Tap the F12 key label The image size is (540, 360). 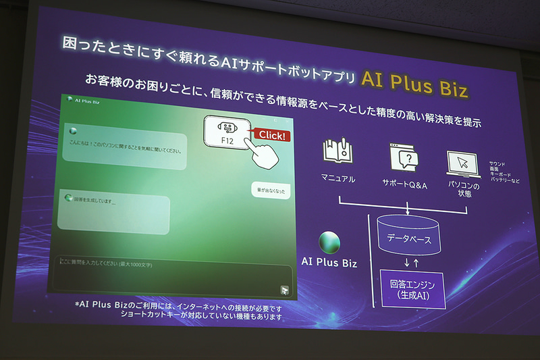[x=227, y=140]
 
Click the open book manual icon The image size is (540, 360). [x=338, y=153]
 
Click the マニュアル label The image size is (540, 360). [x=338, y=179]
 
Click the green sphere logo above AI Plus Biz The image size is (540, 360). [x=329, y=242]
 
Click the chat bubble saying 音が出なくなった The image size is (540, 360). [x=271, y=191]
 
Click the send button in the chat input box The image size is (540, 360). [x=285, y=290]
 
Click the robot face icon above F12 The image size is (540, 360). [x=227, y=126]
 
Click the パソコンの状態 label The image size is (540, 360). [x=465, y=189]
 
